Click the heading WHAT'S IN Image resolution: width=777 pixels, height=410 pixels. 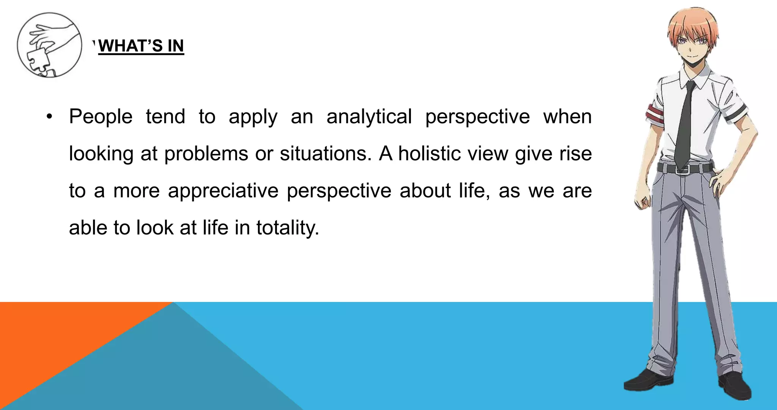[x=141, y=46]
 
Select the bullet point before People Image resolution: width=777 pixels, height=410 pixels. [x=49, y=117]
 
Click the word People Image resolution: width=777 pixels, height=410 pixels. [x=101, y=117]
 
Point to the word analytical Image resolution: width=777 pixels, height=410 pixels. [x=369, y=117]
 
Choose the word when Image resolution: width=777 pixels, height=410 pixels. [x=567, y=117]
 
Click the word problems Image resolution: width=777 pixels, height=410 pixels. [x=206, y=154]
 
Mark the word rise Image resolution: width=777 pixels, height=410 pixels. [x=576, y=154]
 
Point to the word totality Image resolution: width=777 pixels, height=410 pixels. [x=288, y=228]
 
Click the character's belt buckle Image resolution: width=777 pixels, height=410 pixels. [x=682, y=169]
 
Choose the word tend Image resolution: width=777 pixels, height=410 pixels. [x=165, y=117]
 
